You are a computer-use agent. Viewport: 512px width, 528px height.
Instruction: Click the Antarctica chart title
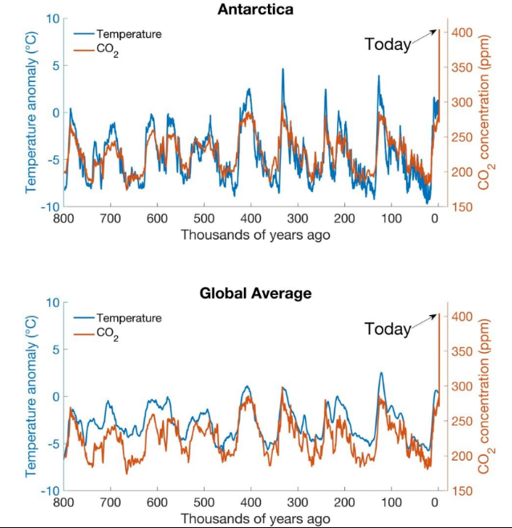coord(254,10)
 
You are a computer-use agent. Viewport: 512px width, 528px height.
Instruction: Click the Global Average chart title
coord(254,293)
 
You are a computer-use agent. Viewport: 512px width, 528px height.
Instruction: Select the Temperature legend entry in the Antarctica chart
coord(128,34)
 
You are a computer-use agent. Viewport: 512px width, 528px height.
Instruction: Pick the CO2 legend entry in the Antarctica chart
coord(108,51)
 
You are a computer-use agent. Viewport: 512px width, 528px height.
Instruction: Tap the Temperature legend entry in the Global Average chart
coord(128,317)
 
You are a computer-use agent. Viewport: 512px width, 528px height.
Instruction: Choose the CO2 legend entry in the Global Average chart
coord(108,335)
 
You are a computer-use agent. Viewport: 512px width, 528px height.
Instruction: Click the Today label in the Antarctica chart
coord(388,44)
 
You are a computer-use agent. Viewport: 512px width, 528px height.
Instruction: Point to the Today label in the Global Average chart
coord(388,328)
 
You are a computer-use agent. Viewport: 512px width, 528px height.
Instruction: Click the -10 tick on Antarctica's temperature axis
coord(50,207)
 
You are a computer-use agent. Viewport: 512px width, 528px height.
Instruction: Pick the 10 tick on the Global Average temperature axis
coord(53,302)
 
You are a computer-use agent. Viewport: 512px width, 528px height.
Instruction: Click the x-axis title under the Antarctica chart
coord(254,235)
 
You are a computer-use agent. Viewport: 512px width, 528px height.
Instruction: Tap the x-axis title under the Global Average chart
coord(254,518)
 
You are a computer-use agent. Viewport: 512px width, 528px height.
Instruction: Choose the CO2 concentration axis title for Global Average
coord(485,395)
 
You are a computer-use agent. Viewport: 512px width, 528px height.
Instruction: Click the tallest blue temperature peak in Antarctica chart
coord(282,70)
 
